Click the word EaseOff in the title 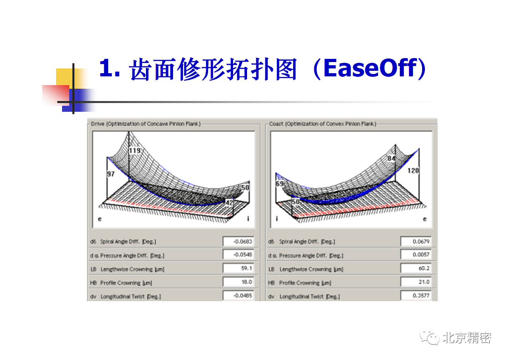tap(370, 68)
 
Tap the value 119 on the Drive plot tap(135, 150)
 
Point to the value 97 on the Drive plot tap(111, 174)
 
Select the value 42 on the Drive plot tap(229, 202)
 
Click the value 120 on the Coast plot tap(413, 170)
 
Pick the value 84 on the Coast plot tap(391, 158)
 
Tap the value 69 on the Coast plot tap(280, 183)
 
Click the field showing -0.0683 tap(238, 241)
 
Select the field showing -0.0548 tap(238, 255)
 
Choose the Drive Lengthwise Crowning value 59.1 tap(238, 268)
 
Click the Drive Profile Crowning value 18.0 tap(238, 282)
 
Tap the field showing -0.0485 tap(238, 295)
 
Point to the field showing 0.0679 tap(416, 241)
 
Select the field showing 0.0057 tap(416, 255)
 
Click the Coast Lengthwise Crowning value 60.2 tap(416, 268)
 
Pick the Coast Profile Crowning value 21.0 tap(416, 282)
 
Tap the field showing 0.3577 tap(416, 295)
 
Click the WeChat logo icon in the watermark tap(429, 337)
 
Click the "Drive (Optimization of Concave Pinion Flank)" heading tap(146, 124)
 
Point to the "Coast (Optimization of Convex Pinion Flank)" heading tap(323, 124)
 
